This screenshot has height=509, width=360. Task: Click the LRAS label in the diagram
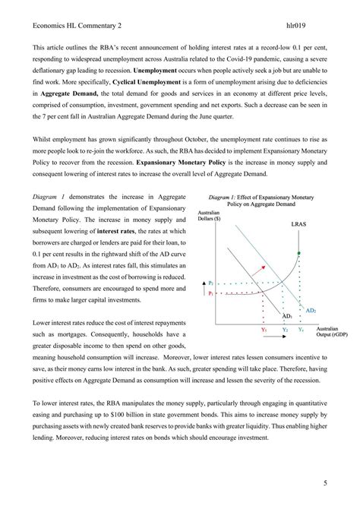click(299, 225)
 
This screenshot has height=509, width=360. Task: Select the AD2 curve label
click(311, 310)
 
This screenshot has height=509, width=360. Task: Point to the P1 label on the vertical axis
click(211, 292)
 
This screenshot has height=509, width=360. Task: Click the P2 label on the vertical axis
click(211, 281)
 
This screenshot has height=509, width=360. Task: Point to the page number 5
click(325, 482)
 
